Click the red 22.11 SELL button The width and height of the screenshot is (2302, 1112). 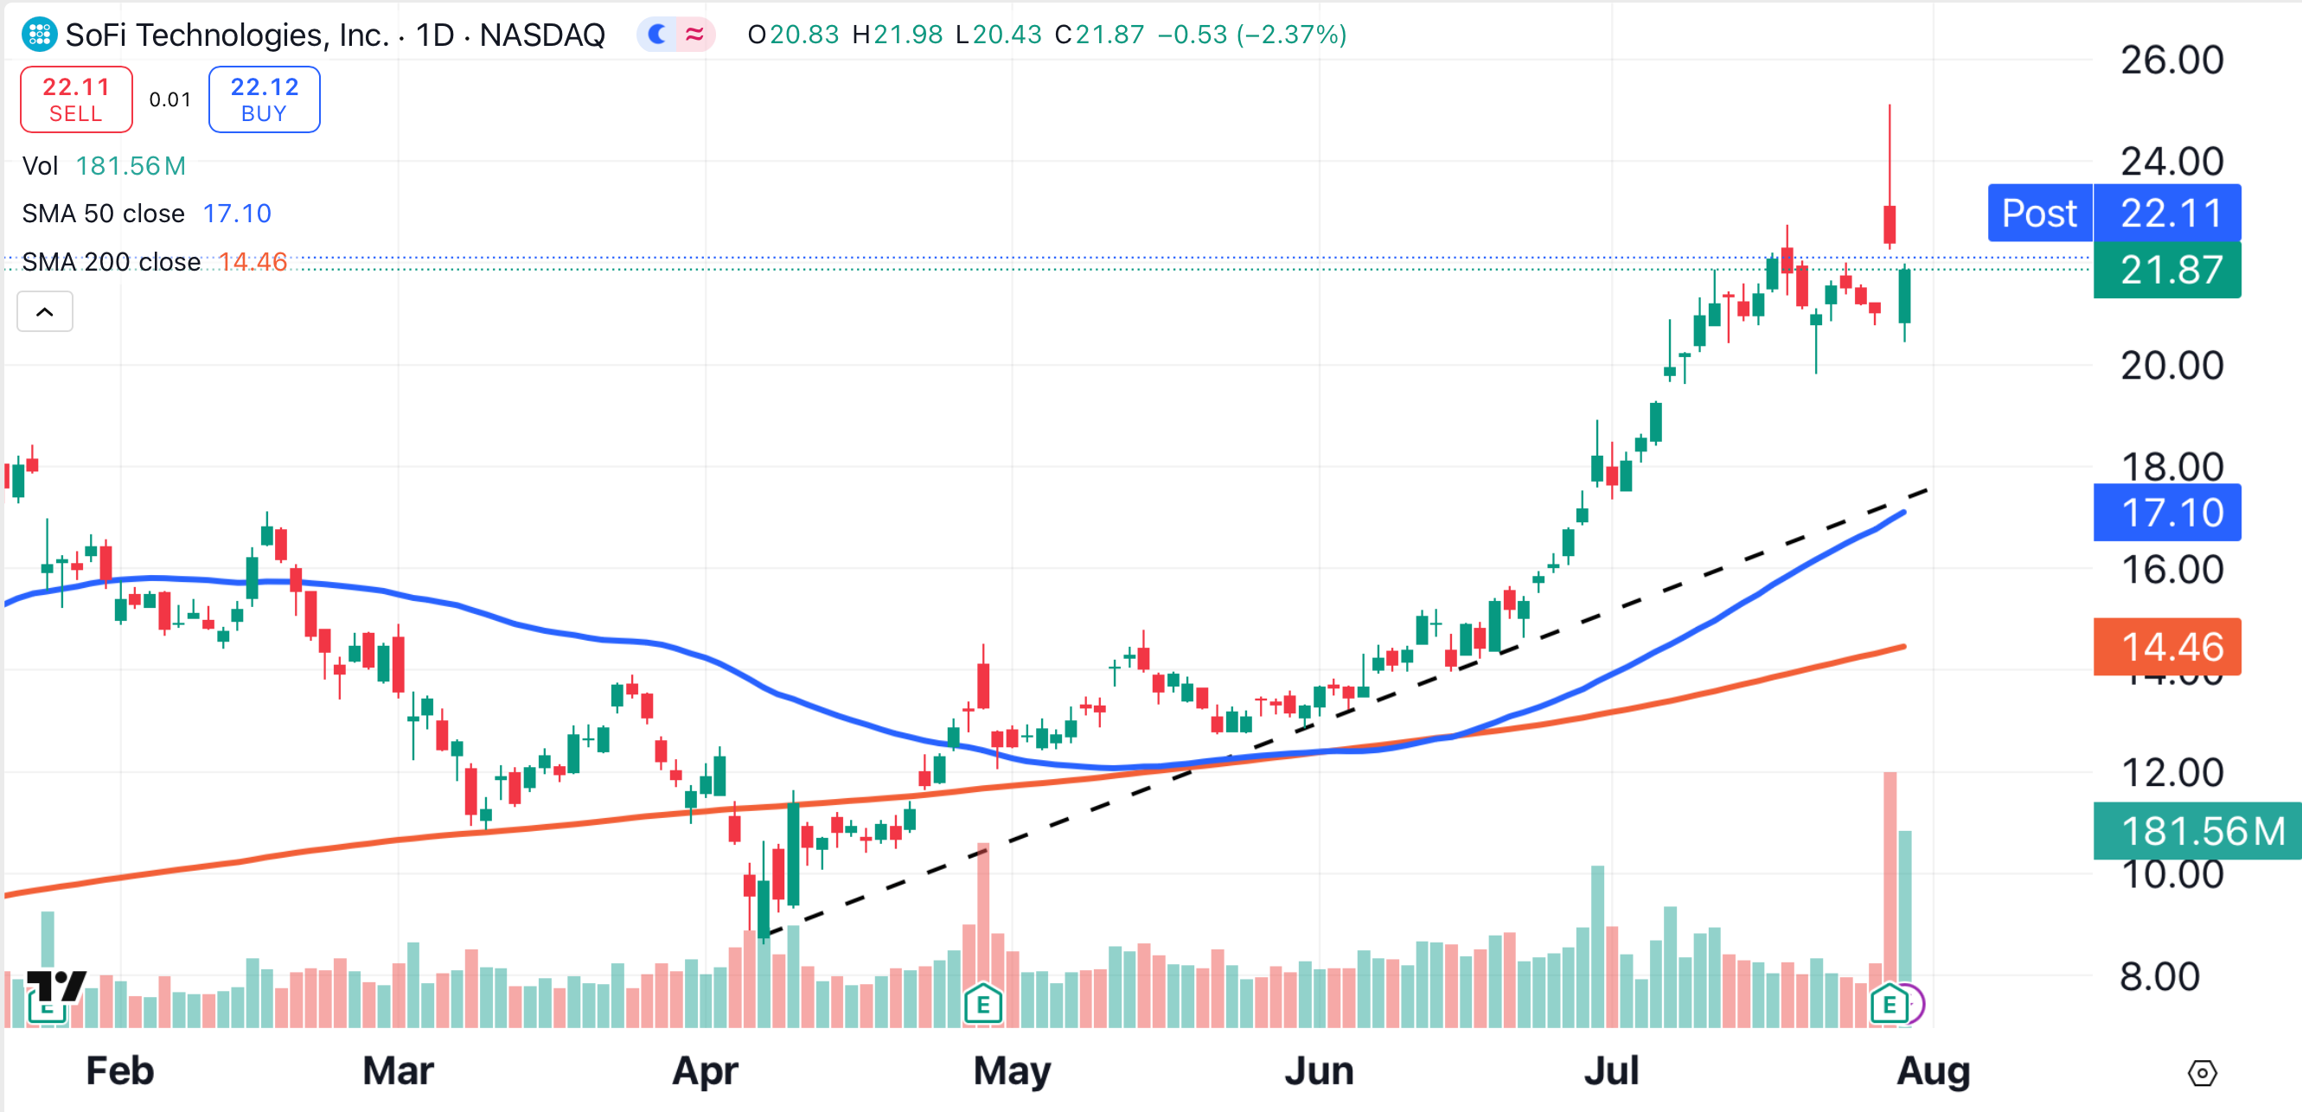pos(76,99)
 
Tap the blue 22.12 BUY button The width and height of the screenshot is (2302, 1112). pos(264,99)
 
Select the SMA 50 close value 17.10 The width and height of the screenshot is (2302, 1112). pos(236,214)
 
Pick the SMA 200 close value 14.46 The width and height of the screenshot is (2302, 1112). pos(253,262)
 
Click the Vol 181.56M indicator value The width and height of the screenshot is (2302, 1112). pos(131,166)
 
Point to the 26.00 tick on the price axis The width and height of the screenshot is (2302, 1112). pos(2171,61)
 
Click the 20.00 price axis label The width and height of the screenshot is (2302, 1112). pos(2171,366)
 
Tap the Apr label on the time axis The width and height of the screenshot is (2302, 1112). pos(704,1070)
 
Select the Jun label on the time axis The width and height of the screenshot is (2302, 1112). pos(1319,1070)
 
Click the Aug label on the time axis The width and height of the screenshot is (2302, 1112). pos(1933,1070)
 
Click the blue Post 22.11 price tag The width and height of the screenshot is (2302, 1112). pos(2113,213)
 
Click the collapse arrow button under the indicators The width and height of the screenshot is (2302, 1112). pos(45,312)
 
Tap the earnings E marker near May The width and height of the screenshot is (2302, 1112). pos(983,1005)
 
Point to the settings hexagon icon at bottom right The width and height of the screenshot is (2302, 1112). pos(2202,1073)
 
